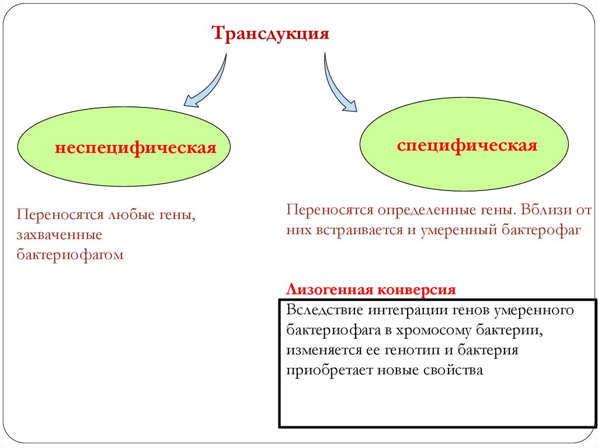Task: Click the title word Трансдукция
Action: click(x=270, y=33)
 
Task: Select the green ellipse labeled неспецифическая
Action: click(x=124, y=147)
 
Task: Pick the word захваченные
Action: click(x=60, y=235)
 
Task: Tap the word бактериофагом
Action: click(x=70, y=255)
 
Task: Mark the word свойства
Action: click(x=456, y=371)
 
